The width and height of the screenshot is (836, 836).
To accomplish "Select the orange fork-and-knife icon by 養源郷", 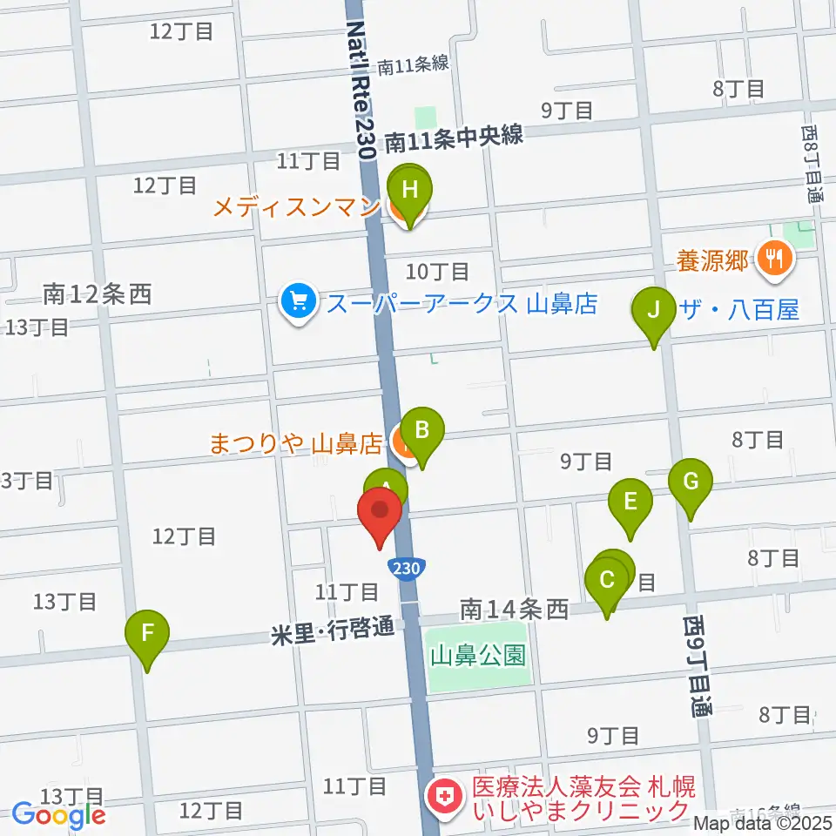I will pos(772,259).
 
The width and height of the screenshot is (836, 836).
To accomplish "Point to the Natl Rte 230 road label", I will pos(362,87).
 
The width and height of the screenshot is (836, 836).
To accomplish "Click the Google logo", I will pos(58,815).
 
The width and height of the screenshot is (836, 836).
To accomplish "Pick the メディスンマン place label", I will pos(296,207).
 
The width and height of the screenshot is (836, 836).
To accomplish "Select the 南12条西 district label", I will pos(98,294).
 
